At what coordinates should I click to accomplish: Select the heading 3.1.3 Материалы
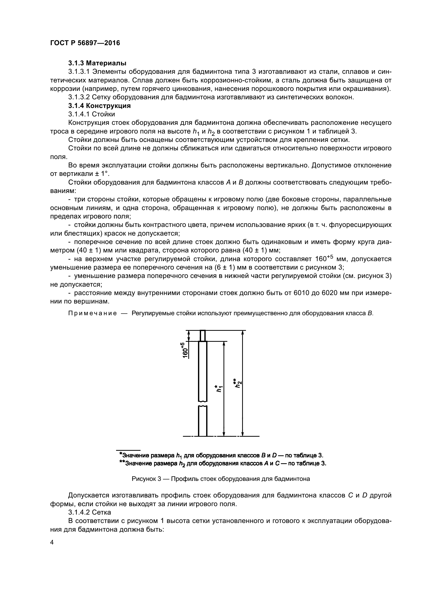point(97,63)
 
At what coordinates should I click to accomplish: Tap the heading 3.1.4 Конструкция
point(100,106)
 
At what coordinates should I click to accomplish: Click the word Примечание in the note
point(92,313)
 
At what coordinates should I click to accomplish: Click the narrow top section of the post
point(203,336)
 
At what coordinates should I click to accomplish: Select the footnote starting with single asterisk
point(221,455)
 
